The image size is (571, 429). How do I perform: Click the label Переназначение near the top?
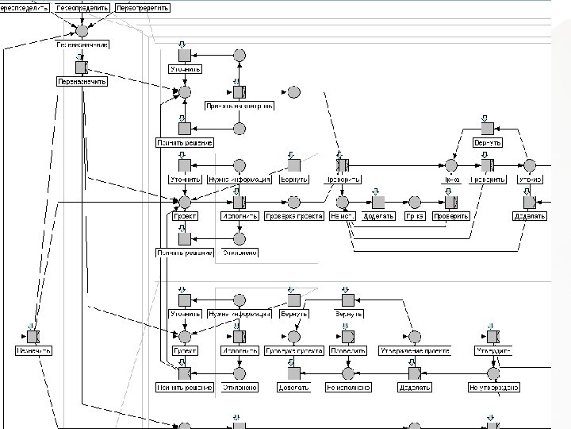click(82, 45)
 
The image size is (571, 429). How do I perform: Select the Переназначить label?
click(82, 81)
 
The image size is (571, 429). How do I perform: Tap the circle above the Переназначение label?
click(81, 30)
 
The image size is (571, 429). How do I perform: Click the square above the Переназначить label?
click(81, 67)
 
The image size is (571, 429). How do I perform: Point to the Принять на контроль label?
click(240, 104)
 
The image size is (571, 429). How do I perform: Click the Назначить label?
click(33, 350)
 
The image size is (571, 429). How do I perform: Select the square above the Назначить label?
click(33, 336)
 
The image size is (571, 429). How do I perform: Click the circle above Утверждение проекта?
click(412, 336)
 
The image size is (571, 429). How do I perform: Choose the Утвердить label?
click(493, 350)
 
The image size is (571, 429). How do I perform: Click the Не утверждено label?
click(493, 388)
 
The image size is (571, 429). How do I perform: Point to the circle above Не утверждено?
click(493, 373)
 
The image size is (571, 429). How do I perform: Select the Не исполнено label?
click(347, 388)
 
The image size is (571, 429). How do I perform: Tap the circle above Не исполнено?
click(347, 373)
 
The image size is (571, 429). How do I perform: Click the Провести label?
click(347, 350)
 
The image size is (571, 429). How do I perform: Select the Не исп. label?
click(342, 215)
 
